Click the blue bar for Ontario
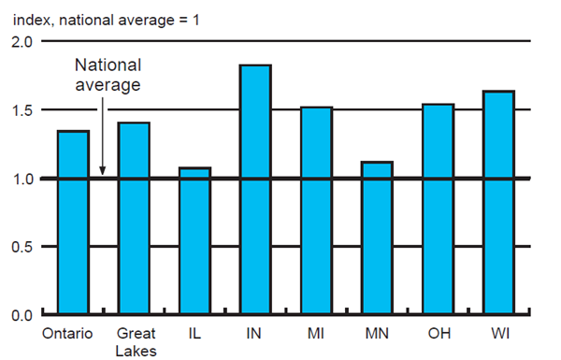[x=74, y=223]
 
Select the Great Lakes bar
[x=134, y=219]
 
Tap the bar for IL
[x=194, y=241]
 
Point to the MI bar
[x=316, y=210]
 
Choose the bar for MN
[x=377, y=238]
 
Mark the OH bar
[x=438, y=209]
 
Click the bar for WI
[x=498, y=203]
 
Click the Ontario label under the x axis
[x=67, y=333]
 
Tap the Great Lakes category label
[x=135, y=340]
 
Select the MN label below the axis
[x=377, y=333]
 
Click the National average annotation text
[x=108, y=75]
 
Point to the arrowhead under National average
[x=102, y=171]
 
